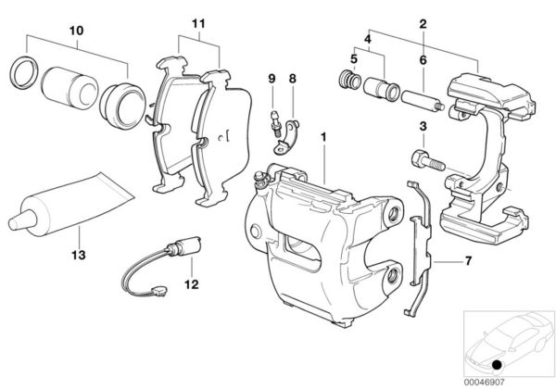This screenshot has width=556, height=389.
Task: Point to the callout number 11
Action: [196, 21]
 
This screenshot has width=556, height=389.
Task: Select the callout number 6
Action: [423, 59]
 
